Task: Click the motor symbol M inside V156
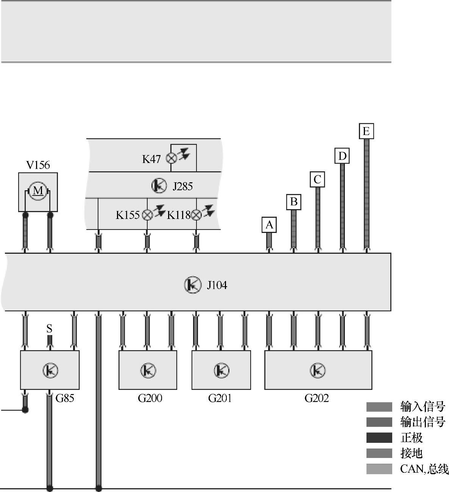coord(38,191)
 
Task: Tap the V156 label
coord(38,165)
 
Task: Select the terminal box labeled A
coord(269,225)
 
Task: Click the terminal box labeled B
coord(293,202)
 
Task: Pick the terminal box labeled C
coord(317,179)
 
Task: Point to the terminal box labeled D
coord(342,156)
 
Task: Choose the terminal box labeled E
coord(366,131)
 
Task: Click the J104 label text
coord(217,285)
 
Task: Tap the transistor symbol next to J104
coord(193,285)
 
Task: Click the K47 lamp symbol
coord(172,158)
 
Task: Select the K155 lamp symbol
coord(147,215)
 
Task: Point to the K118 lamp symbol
coord(196,215)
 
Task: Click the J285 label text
coord(182,186)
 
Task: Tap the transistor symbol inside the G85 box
coord(50,370)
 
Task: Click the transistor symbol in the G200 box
coord(148,370)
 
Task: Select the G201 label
coord(220,398)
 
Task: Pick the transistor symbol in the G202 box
coord(318,370)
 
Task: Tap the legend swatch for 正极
coord(379,438)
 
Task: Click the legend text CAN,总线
coord(424,469)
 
